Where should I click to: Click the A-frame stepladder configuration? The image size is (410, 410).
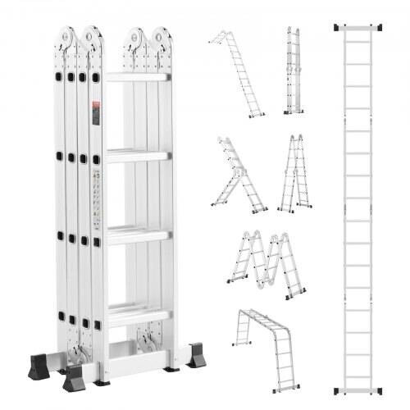click(291, 174)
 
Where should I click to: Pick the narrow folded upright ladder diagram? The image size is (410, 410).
click(292, 71)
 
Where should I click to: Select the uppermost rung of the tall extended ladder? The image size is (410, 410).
click(361, 47)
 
